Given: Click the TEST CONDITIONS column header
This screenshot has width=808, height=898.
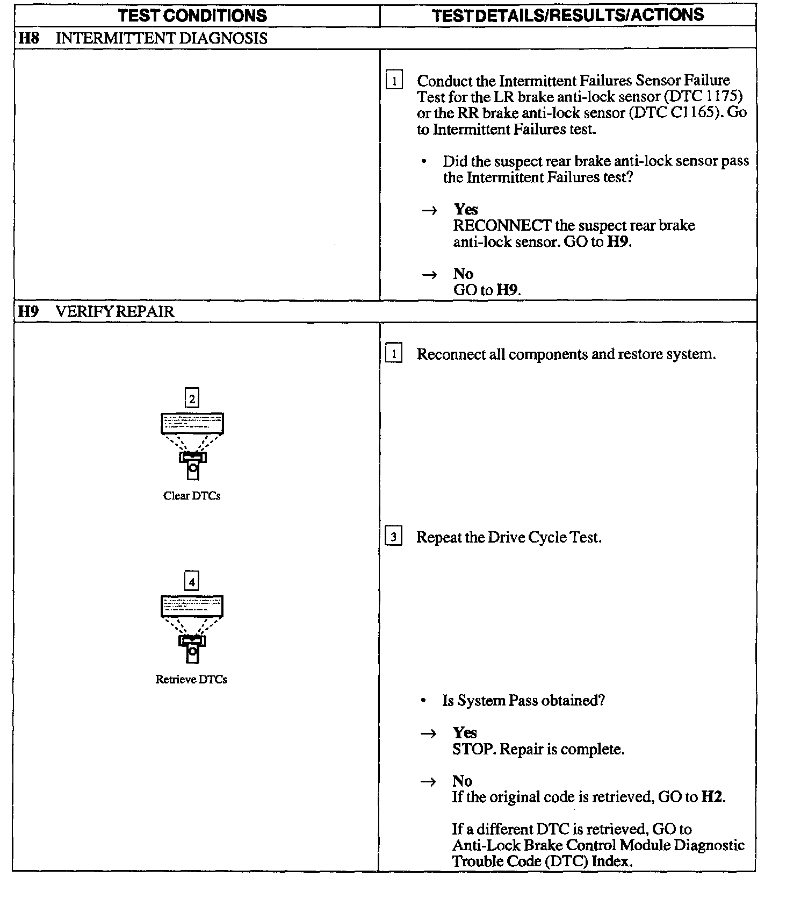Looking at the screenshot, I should click(x=192, y=16).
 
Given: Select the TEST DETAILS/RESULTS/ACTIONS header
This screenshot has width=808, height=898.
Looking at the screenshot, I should click(x=567, y=15).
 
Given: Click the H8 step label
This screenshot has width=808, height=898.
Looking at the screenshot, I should click(x=28, y=39).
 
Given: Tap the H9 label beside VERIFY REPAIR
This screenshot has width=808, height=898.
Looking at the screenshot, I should click(x=28, y=312).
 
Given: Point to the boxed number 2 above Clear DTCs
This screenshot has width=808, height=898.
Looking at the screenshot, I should click(x=192, y=398).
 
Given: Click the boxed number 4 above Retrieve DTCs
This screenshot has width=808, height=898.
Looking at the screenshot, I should click(x=192, y=581).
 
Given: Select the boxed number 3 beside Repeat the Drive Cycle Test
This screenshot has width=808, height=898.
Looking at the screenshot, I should click(x=394, y=537).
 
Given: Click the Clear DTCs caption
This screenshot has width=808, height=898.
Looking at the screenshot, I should click(x=192, y=496).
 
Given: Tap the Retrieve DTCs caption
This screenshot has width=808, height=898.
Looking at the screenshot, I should click(x=191, y=679).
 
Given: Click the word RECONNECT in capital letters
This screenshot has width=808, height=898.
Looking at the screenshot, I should click(x=502, y=225).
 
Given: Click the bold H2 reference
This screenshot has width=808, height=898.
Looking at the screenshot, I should click(x=712, y=797).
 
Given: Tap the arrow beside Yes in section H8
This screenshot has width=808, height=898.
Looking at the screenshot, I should click(x=429, y=210).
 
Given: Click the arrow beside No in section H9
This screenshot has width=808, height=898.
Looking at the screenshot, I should click(x=428, y=781).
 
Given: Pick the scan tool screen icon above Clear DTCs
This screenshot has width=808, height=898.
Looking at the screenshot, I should click(x=192, y=423).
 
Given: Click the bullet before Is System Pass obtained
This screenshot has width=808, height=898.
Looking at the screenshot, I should click(x=424, y=701).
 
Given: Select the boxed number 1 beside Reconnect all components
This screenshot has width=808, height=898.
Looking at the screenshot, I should click(x=394, y=354).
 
